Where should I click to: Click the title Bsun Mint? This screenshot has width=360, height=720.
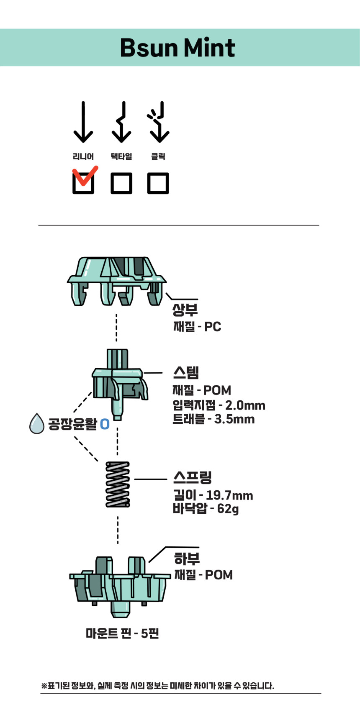coord(177,48)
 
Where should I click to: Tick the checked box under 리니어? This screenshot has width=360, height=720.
coord(83,183)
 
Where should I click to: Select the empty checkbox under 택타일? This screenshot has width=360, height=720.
coord(121,183)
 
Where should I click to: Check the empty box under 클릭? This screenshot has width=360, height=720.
coord(158,183)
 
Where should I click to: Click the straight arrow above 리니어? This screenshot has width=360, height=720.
coord(83,122)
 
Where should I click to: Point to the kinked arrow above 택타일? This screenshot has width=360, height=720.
coord(121,122)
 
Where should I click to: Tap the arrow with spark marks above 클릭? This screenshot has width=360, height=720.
coord(158,122)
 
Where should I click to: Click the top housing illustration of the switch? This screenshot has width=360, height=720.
coord(116,280)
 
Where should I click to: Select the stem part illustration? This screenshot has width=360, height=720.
coord(119,383)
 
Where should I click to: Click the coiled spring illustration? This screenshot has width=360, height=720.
coord(118,484)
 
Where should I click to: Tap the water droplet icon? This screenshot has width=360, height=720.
coord(37,423)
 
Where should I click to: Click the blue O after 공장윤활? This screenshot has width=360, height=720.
coord(105,424)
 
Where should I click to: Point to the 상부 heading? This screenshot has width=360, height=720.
coord(185,310)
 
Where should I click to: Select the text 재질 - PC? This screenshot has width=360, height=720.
coord(197,326)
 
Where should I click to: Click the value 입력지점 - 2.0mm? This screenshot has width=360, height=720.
coord(219,405)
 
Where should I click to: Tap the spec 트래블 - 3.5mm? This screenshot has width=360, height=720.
coord(213,419)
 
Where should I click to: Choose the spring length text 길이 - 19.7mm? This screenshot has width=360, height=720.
coord(213,495)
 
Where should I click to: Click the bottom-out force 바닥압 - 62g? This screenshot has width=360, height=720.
coord(206,509)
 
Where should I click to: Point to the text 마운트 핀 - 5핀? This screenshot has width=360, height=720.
coord(122,633)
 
